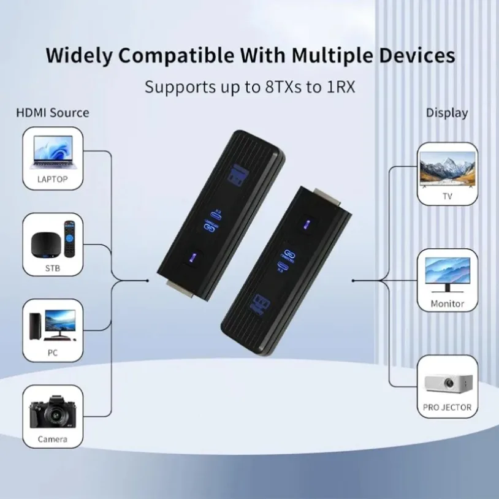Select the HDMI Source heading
pyautogui.click(x=52, y=113)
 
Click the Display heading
pyautogui.click(x=447, y=113)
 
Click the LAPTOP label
pyautogui.click(x=52, y=180)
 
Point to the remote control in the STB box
pyautogui.click(x=69, y=240)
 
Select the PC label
pyautogui.click(x=52, y=352)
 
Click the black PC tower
pyautogui.click(x=36, y=326)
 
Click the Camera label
pyautogui.click(x=52, y=439)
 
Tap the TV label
pyautogui.click(x=447, y=196)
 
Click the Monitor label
pyautogui.click(x=447, y=303)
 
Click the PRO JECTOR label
pyautogui.click(x=447, y=407)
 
